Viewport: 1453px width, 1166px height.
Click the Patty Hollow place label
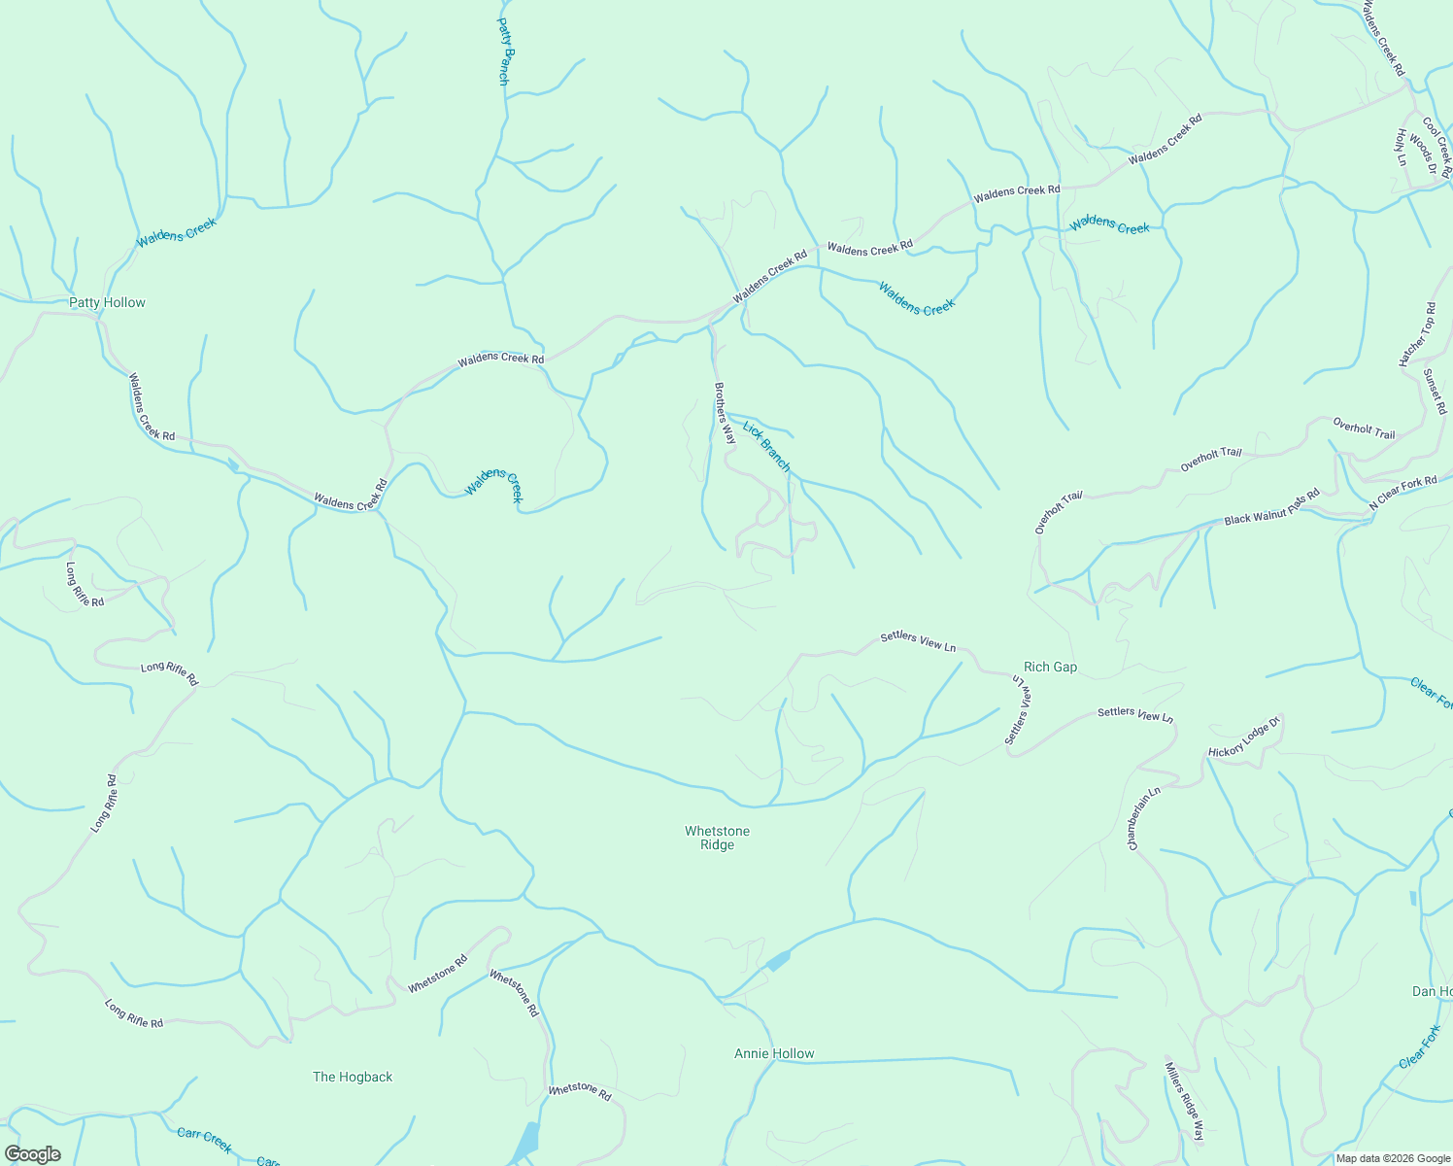[x=107, y=303]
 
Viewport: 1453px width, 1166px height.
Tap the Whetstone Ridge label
[x=717, y=838]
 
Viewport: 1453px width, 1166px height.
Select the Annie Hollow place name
[x=774, y=1054]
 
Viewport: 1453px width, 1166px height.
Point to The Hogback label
[x=353, y=1077]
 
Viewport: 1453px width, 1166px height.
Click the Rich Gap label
[x=1050, y=668]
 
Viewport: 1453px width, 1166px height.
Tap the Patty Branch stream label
[x=503, y=51]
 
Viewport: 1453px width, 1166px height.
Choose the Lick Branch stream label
[x=767, y=446]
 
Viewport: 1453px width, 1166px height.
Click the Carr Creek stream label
[x=205, y=1141]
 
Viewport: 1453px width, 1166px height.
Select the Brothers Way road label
[x=725, y=413]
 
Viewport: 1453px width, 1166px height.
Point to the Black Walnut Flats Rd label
[x=1271, y=507]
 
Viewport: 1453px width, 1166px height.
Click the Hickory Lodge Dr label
[x=1245, y=737]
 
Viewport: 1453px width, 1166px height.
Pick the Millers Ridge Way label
[x=1184, y=1101]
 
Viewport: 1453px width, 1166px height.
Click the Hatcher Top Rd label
[x=1417, y=335]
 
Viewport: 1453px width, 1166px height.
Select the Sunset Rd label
[x=1436, y=392]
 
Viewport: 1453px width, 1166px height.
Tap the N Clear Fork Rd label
[x=1402, y=494]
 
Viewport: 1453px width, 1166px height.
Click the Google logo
[x=32, y=1153]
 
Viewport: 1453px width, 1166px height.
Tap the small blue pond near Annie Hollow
[x=777, y=962]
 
